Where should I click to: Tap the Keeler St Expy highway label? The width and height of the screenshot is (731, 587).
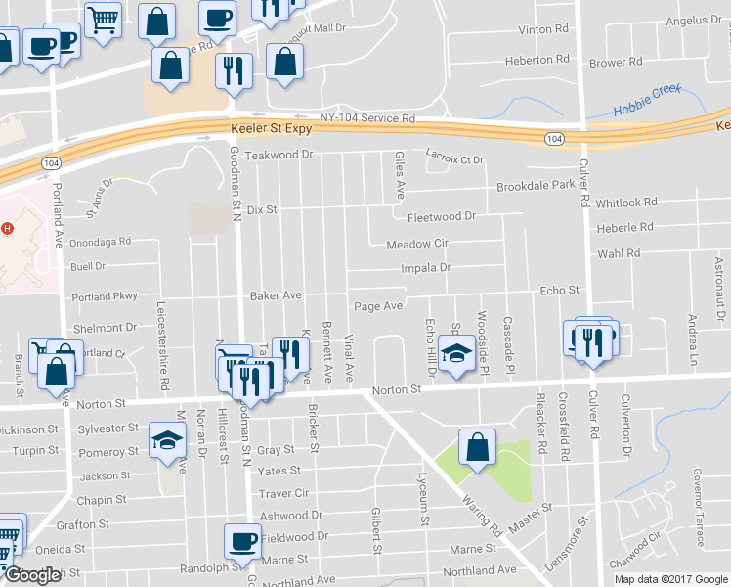[272, 128]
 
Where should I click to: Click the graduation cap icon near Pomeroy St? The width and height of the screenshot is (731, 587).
[167, 440]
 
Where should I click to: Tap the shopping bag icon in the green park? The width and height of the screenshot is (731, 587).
[476, 448]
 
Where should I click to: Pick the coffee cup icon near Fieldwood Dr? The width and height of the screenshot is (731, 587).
[241, 540]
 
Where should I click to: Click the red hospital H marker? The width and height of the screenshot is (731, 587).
[7, 229]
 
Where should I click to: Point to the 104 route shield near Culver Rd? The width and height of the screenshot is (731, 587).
[554, 139]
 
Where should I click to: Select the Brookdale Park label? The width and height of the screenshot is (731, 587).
[536, 185]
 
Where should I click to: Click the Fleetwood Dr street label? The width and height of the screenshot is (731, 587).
[441, 216]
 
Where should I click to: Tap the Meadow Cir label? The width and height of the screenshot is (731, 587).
[416, 244]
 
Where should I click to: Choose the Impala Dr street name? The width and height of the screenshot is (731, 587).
[425, 267]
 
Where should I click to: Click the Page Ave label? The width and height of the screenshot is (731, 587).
[378, 306]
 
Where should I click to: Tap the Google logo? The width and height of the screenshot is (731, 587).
[32, 575]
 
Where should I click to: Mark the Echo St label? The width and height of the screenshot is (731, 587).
[560, 290]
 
